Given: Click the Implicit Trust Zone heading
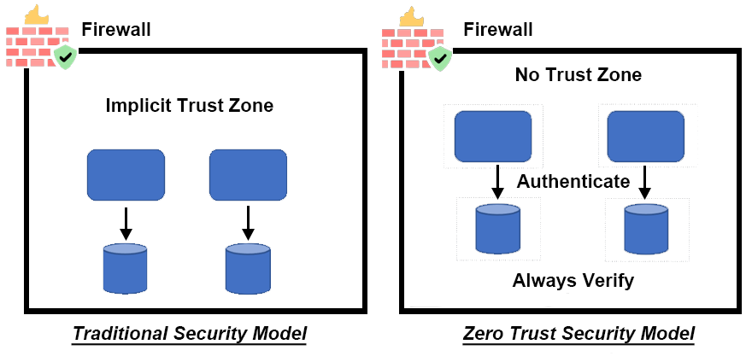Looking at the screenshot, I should point(189,106).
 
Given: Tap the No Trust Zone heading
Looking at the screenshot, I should point(578,75).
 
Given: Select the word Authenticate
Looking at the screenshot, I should point(573,182).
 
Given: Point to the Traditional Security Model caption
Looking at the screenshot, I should point(189,334).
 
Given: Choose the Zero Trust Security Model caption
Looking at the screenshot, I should point(578,334).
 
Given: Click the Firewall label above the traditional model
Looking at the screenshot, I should point(116,30).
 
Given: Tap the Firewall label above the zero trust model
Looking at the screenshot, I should point(498,30).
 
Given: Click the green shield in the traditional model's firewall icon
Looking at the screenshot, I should point(65,58).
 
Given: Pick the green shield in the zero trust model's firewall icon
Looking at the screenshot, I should point(440,58).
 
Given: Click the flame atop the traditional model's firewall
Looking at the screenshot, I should point(36,15).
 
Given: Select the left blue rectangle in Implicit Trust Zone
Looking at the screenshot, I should point(126,175).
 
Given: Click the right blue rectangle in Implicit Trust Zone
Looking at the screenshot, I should point(248,175).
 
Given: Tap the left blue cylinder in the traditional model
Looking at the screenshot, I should point(125,268).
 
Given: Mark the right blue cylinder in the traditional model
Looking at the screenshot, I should point(248,268).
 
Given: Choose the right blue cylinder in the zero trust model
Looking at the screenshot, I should point(645,229).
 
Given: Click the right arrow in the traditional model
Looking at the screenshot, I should point(248,222).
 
